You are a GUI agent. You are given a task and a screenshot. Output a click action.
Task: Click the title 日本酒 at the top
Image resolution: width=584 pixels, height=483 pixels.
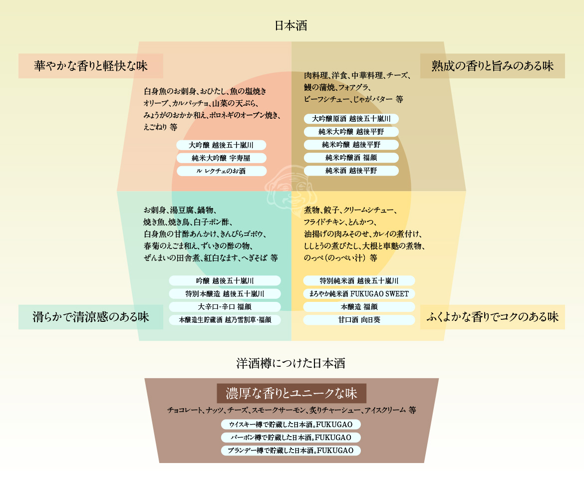pyautogui.click(x=291, y=25)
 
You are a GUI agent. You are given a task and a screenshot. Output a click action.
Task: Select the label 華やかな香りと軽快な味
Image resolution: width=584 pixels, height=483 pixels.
pyautogui.click(x=90, y=66)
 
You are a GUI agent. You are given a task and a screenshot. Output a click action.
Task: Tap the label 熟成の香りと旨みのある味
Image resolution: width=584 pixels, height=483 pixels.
pyautogui.click(x=492, y=66)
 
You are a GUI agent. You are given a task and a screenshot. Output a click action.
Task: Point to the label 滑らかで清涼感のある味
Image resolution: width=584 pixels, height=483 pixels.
pyautogui.click(x=90, y=317)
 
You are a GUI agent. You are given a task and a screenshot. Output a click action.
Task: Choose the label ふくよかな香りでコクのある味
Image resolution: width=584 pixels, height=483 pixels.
pyautogui.click(x=492, y=317)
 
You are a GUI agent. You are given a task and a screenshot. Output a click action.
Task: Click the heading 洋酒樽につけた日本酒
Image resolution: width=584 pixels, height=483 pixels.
pyautogui.click(x=291, y=363)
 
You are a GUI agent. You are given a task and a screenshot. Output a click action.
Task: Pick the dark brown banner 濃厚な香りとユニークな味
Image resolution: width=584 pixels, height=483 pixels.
pyautogui.click(x=292, y=393)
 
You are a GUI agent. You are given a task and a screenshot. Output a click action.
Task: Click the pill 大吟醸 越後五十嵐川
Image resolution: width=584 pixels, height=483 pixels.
pyautogui.click(x=221, y=145)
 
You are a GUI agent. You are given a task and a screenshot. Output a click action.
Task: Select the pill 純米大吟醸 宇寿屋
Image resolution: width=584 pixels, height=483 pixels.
pyautogui.click(x=221, y=158)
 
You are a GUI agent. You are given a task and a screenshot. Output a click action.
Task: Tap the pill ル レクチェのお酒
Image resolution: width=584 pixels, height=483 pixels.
pyautogui.click(x=221, y=171)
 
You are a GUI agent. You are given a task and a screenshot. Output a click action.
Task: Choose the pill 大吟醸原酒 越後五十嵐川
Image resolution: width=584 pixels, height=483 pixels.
pyautogui.click(x=351, y=119)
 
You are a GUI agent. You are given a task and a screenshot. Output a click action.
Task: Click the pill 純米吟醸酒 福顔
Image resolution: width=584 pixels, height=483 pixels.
pyautogui.click(x=351, y=158)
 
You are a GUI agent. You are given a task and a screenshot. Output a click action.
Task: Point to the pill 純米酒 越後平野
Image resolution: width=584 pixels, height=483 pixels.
pyautogui.click(x=351, y=171)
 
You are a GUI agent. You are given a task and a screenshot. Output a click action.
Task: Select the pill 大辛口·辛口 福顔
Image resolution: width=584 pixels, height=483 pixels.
pyautogui.click(x=225, y=306)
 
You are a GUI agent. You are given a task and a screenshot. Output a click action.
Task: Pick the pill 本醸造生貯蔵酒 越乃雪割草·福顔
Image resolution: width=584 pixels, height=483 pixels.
pyautogui.click(x=225, y=319)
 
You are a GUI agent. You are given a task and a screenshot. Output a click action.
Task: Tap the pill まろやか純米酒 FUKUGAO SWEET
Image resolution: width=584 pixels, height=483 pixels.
pyautogui.click(x=359, y=293)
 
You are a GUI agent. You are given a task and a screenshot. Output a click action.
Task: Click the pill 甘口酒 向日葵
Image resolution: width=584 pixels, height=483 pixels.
pyautogui.click(x=359, y=319)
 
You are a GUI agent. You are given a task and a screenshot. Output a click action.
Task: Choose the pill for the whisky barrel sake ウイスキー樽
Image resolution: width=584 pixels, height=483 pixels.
pyautogui.click(x=291, y=424)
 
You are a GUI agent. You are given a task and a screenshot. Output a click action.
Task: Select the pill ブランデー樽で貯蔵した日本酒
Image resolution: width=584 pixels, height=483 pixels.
pyautogui.click(x=291, y=450)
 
